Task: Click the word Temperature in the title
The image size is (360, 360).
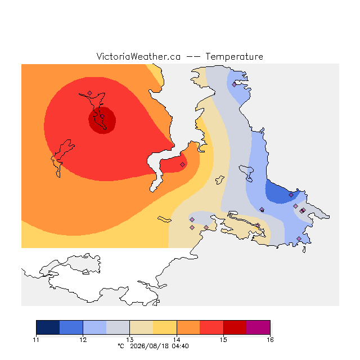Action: coord(234,56)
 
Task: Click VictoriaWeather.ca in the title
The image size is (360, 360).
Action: coord(138,56)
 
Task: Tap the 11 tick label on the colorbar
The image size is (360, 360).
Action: coord(36,340)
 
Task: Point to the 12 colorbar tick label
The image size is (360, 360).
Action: coord(83,340)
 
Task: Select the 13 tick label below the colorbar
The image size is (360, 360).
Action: coord(130,340)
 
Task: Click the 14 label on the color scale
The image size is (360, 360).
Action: coord(177,340)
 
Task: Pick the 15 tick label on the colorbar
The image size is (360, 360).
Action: coord(223,340)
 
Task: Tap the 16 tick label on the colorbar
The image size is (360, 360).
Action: coord(270,340)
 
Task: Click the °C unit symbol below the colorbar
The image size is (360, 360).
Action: coord(121,346)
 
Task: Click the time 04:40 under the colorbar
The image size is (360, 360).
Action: coord(180,346)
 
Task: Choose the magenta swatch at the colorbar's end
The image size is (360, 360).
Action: coord(258,327)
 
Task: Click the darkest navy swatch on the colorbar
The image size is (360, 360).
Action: coord(48,327)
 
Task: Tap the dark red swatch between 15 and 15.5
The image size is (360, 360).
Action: coord(235,327)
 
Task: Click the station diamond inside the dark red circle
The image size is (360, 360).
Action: coord(102,116)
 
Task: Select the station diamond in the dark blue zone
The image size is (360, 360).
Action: coord(291,195)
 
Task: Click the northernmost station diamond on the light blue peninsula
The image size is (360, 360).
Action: coord(234,85)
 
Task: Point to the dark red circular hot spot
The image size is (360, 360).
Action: coord(102,120)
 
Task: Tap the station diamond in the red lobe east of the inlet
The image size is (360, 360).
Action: coord(182,164)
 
